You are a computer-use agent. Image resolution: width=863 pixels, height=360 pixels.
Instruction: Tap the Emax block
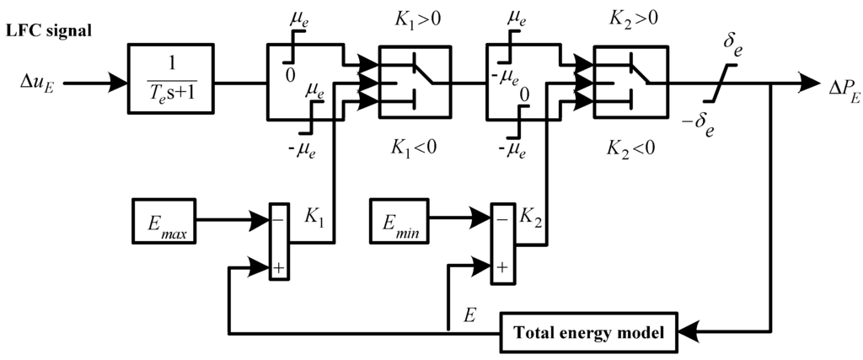[x=164, y=220]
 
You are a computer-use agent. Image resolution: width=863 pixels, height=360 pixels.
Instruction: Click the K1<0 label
[x=413, y=145]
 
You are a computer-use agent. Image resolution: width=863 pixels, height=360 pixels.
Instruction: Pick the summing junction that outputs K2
[x=502, y=240]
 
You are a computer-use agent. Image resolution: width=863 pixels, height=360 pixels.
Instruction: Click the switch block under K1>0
[x=413, y=83]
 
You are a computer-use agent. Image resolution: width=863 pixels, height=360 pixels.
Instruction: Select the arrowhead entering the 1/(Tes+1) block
[x=119, y=83]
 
